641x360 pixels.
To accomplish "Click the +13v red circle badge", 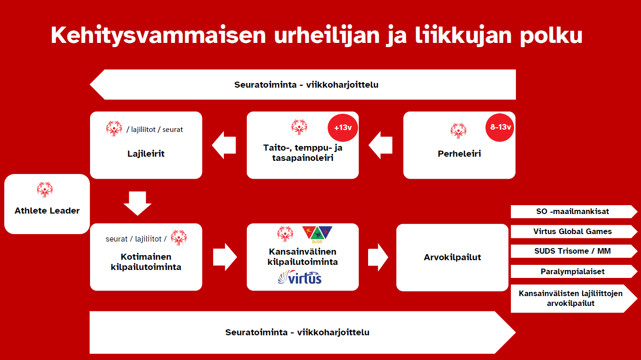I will coord(342,127).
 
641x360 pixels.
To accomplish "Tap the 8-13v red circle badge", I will coord(500,127).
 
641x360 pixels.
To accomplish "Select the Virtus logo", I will coord(300,278).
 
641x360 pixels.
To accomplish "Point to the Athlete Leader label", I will coord(47,211).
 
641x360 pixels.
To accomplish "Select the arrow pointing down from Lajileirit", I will coord(138,203).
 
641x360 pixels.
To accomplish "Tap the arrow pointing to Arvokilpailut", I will coord(377,257).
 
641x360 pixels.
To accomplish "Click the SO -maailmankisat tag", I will coord(573,211).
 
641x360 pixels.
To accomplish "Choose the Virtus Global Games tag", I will coord(573,231).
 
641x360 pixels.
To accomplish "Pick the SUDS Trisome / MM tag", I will coord(573,251).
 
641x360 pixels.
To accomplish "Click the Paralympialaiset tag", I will coord(573,271).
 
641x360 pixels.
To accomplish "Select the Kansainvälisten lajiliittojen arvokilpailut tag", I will coord(573,298).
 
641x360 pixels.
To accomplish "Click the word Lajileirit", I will coord(146,154).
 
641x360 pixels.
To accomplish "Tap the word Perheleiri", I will coord(459,154).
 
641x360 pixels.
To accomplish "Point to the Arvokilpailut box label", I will coord(452,257).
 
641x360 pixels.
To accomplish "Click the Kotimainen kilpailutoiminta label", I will coord(146,262).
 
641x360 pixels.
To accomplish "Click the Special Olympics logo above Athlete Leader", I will coord(45,190).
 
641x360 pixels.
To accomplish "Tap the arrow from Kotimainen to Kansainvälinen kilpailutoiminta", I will coord(224,257).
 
